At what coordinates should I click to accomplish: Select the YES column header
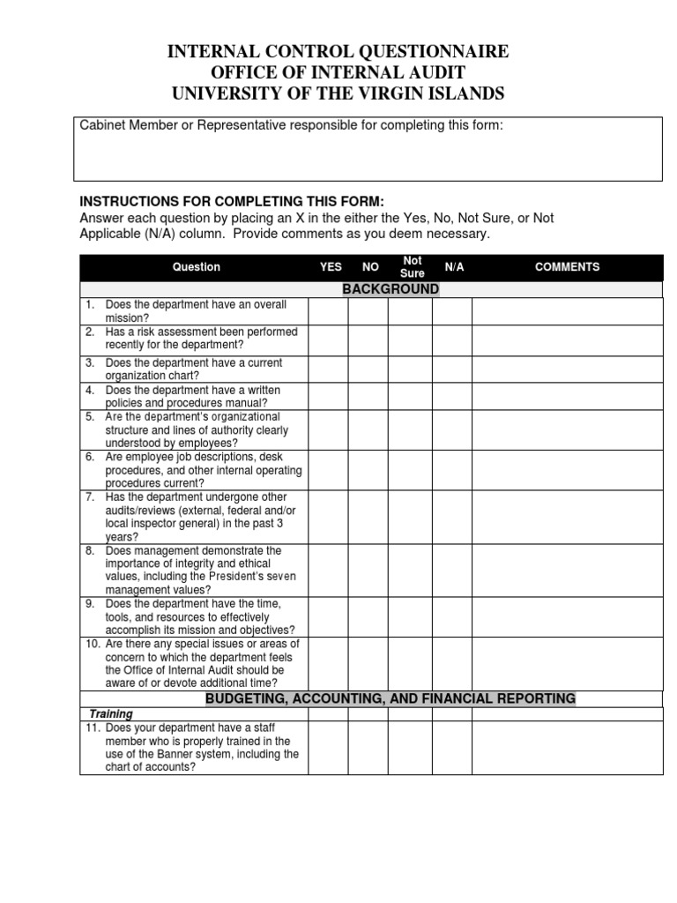click(x=331, y=267)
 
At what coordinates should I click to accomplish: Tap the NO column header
click(x=370, y=267)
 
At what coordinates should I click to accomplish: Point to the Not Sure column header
click(x=413, y=267)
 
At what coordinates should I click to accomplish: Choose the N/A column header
click(x=454, y=267)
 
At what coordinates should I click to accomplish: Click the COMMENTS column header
click(x=567, y=267)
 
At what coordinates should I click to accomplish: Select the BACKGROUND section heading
click(x=391, y=289)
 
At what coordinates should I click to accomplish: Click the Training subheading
click(x=112, y=713)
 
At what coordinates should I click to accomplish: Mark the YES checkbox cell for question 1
click(x=328, y=311)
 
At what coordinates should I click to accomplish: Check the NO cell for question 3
click(x=368, y=369)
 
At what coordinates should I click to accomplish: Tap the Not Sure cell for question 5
click(x=412, y=429)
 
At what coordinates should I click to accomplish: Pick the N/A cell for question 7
click(x=452, y=517)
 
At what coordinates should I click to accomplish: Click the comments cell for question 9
click(x=567, y=616)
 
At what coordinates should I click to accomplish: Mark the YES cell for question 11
click(x=328, y=748)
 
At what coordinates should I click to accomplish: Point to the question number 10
click(x=92, y=645)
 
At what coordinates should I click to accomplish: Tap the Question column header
click(x=197, y=267)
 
